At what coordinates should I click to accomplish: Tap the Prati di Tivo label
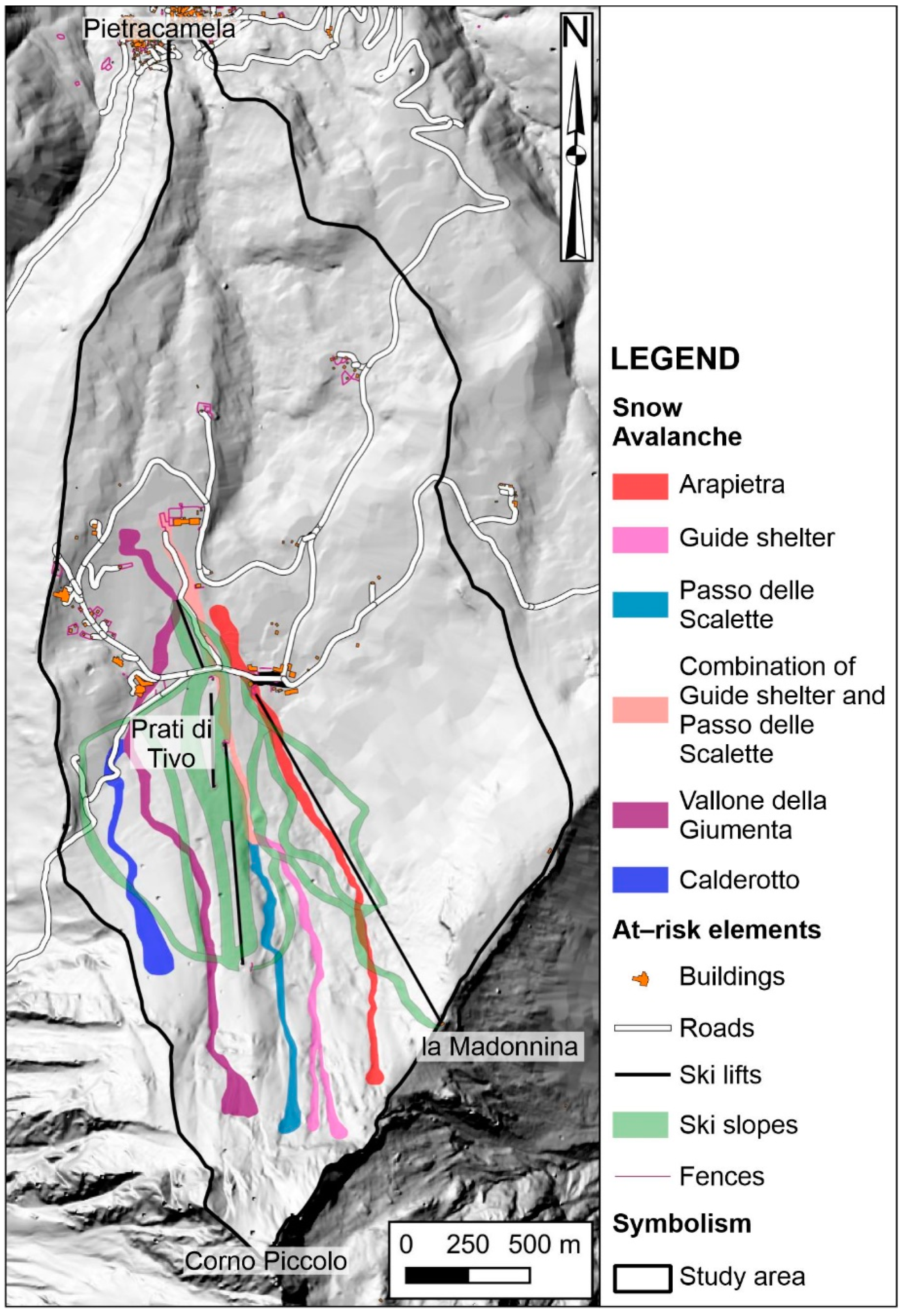click(x=172, y=743)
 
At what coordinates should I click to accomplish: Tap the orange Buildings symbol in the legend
click(x=641, y=979)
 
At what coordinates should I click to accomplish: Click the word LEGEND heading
click(x=675, y=359)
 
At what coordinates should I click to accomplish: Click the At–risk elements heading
click(x=716, y=930)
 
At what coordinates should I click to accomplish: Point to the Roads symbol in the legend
click(x=642, y=1028)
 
